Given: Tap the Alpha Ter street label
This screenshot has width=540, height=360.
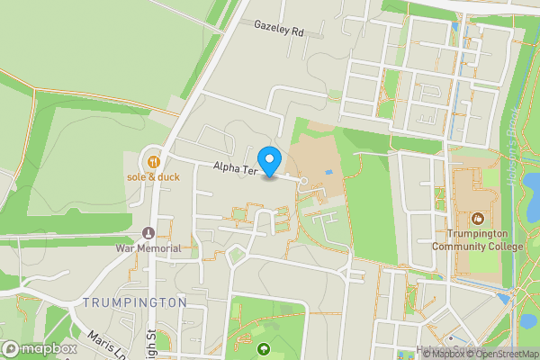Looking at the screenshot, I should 236,168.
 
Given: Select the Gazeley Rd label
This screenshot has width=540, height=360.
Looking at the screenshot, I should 279,31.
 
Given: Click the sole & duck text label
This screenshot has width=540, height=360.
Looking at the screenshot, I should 153,177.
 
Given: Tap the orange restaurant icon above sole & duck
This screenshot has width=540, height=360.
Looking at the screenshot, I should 153,162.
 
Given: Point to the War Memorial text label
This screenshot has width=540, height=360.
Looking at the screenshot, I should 148,247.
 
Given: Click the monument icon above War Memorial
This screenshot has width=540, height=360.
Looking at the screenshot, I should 148,232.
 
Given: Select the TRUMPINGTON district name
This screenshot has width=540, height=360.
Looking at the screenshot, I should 135,302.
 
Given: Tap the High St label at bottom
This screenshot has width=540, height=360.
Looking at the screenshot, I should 159,346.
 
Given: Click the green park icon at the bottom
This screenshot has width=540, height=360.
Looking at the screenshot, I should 263,349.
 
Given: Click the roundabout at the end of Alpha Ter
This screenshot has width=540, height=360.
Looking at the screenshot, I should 303,182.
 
